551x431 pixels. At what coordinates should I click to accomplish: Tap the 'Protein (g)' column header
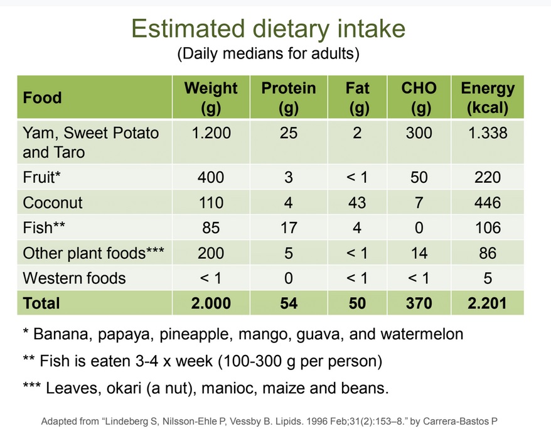tap(289, 97)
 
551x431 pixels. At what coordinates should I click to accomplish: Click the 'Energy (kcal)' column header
tap(488, 97)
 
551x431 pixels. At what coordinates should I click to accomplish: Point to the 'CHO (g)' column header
tap(419, 97)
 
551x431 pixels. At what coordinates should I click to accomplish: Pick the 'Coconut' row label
tap(53, 203)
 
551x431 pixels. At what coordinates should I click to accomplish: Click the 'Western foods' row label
tap(74, 278)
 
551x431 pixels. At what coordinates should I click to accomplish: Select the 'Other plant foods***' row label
tap(94, 253)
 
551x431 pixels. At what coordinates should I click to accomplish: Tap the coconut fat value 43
tap(357, 203)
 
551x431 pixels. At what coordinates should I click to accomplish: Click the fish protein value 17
tap(289, 228)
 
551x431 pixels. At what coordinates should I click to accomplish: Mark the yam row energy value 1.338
tap(488, 133)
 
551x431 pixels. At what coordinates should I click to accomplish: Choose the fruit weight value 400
tap(211, 178)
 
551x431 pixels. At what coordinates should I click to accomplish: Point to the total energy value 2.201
tap(488, 303)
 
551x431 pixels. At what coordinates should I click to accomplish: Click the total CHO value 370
tap(419, 303)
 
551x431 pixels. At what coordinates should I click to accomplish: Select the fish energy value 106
tap(488, 228)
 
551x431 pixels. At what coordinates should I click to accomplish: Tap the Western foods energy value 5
tap(488, 278)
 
